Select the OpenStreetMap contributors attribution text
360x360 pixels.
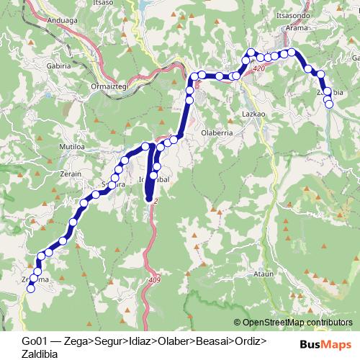pos(297,323)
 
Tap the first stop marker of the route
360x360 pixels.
pos(31,289)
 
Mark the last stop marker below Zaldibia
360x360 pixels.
pos(330,104)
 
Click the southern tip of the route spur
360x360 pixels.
pos(150,199)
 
